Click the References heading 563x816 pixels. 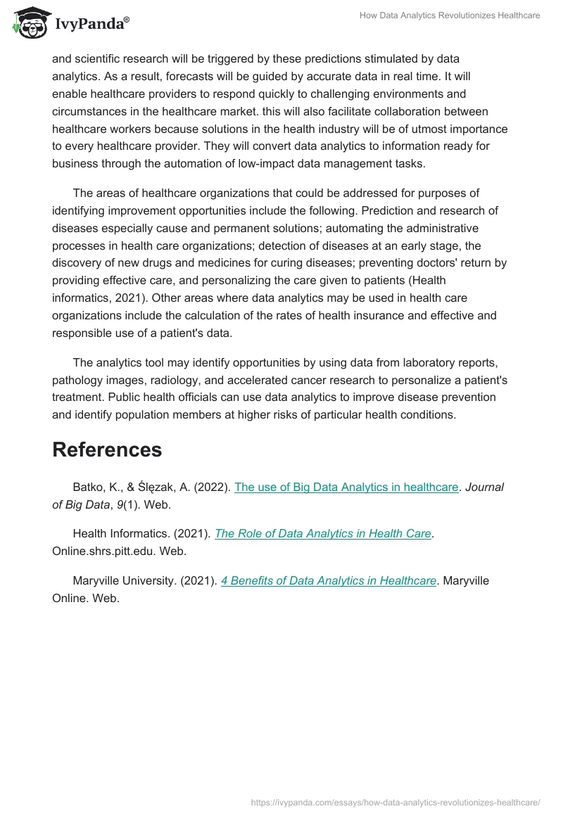107,450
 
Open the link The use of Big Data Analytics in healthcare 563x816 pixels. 346,487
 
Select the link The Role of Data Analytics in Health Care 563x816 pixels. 322,533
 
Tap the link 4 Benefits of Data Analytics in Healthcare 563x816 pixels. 329,580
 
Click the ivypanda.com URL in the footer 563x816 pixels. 396,802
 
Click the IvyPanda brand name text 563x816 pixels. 91,24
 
